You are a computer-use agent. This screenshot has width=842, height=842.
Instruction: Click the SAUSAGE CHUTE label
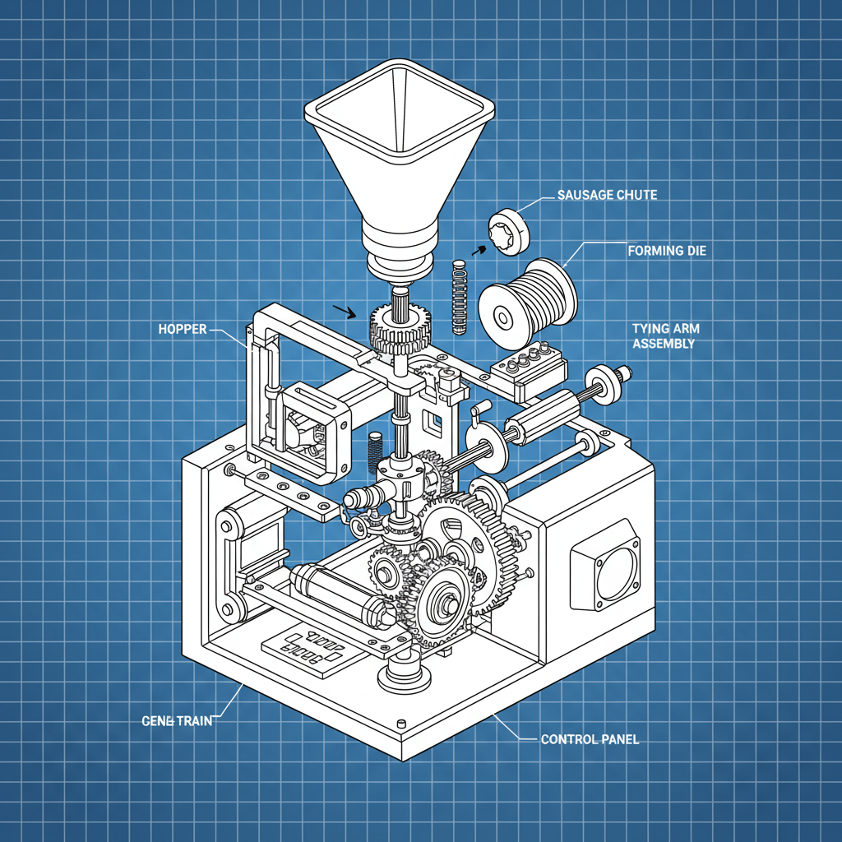coord(607,195)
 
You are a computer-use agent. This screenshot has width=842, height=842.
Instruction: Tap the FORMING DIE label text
coord(666,251)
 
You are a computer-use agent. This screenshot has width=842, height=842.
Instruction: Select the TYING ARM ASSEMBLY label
coord(665,335)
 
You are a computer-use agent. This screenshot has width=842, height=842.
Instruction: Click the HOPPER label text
coord(182,329)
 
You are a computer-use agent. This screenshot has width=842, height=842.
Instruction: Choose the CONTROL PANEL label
coord(590,739)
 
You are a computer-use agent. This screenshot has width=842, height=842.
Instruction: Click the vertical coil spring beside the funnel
coord(460,298)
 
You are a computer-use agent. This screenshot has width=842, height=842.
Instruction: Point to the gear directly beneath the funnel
coord(400,326)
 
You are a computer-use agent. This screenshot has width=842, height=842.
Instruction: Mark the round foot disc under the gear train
coord(405,678)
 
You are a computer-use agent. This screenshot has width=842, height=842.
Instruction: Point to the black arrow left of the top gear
coord(345,312)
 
